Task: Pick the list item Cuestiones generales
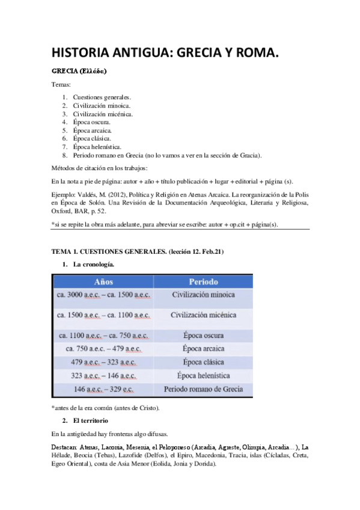pyautogui.click(x=102, y=97)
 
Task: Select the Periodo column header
pyautogui.click(x=204, y=281)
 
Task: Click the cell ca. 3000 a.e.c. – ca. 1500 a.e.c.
pyautogui.click(x=104, y=295)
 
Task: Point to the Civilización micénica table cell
pyautogui.click(x=203, y=315)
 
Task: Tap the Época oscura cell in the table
pyautogui.click(x=203, y=335)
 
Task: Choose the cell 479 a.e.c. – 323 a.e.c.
pyautogui.click(x=104, y=363)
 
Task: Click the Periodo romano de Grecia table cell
pyautogui.click(x=203, y=390)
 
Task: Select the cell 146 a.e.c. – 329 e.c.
pyautogui.click(x=104, y=390)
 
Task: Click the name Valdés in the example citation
pyautogui.click(x=88, y=194)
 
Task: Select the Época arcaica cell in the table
pyautogui.click(x=203, y=349)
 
